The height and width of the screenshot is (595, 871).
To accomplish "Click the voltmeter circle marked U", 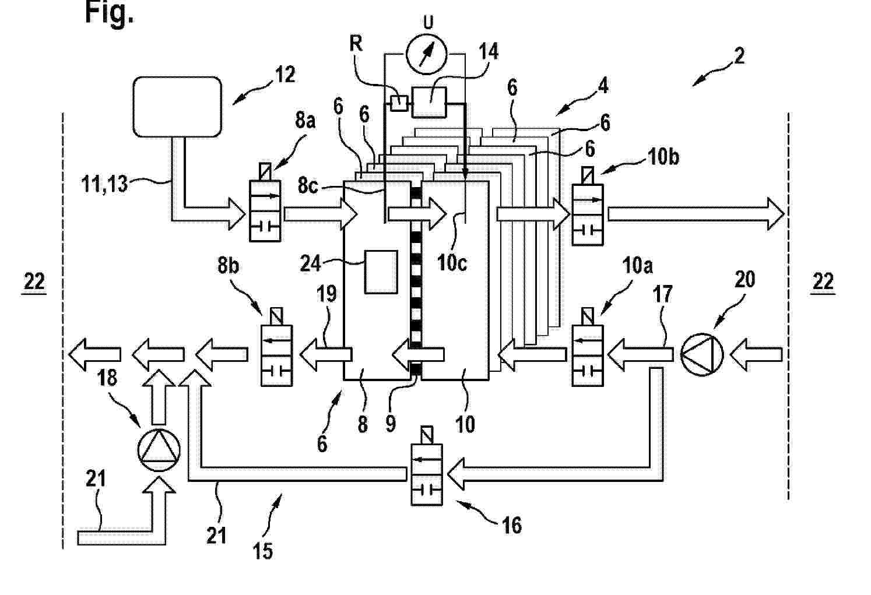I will [426, 54].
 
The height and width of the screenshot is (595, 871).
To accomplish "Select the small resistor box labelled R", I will [399, 104].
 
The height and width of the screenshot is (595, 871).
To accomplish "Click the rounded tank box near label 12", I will [177, 106].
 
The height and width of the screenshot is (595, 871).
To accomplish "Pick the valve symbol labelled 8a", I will [265, 210].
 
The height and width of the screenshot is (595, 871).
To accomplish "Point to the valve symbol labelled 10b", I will [588, 214].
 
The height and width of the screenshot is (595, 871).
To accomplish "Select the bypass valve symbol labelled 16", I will [426, 474].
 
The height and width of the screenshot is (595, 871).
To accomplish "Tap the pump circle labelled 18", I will [159, 450].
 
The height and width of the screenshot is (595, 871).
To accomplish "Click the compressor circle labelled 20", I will [701, 354].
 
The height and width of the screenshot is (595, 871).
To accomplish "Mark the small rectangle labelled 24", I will [381, 272].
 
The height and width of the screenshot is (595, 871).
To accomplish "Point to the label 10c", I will [452, 262].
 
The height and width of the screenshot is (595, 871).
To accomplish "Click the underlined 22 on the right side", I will [823, 282].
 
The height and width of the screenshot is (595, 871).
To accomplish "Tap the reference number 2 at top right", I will [739, 56].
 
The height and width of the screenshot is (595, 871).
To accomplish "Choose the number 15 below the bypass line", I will [263, 550].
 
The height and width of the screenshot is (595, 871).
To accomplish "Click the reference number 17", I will [662, 294].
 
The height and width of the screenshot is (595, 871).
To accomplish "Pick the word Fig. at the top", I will [109, 13].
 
